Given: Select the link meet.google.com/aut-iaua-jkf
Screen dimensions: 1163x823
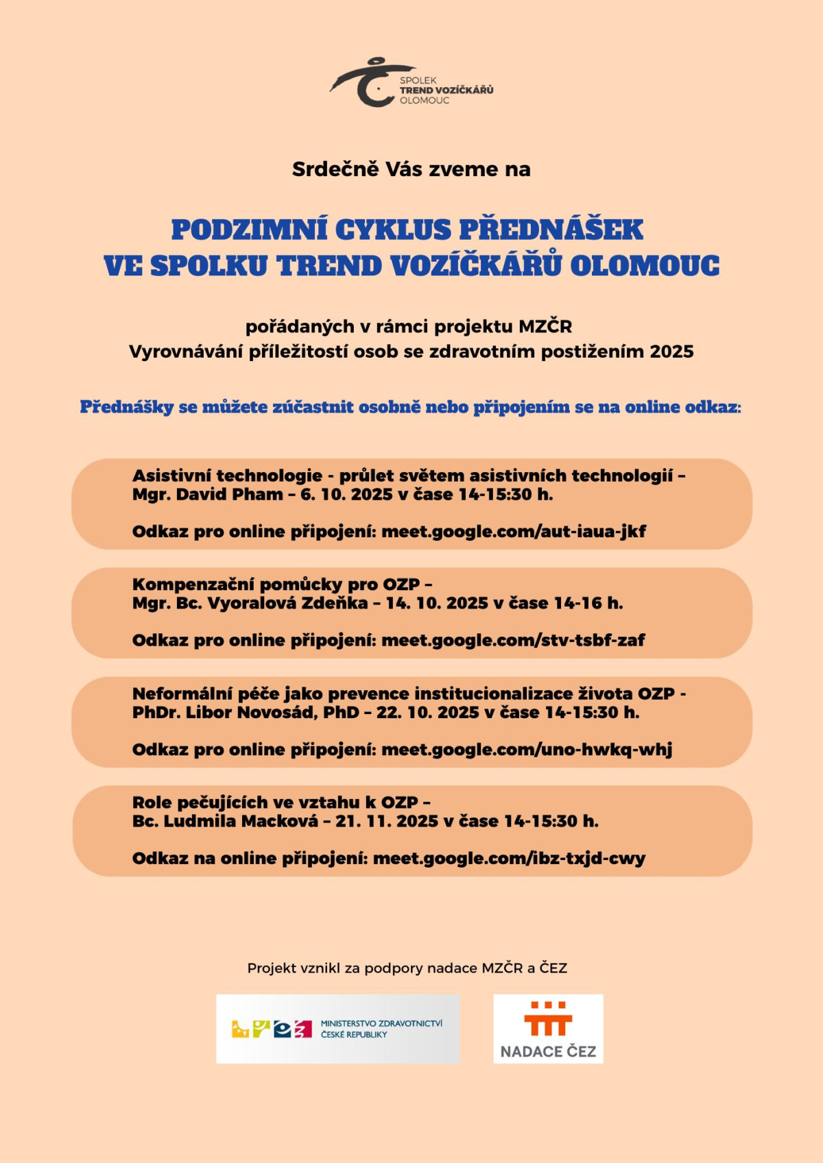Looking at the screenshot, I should pyautogui.click(x=513, y=532).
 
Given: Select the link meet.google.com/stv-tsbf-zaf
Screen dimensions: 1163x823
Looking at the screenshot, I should pyautogui.click(x=513, y=641).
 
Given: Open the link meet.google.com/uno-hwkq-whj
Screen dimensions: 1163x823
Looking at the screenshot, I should pyautogui.click(x=526, y=750).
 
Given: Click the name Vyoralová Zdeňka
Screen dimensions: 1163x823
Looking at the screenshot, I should pyautogui.click(x=287, y=604).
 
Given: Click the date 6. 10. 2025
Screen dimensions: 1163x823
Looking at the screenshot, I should pyautogui.click(x=346, y=495).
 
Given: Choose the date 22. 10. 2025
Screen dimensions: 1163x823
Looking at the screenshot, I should pyautogui.click(x=427, y=713).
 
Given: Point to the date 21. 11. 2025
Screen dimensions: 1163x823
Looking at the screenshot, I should pyautogui.click(x=387, y=822).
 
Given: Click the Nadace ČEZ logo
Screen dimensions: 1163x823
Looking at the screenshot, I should pyautogui.click(x=548, y=1029).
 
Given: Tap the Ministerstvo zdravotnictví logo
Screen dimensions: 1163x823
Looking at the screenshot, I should pyautogui.click(x=338, y=1029).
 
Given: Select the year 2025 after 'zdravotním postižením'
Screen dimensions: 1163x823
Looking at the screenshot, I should pyautogui.click(x=671, y=352).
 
